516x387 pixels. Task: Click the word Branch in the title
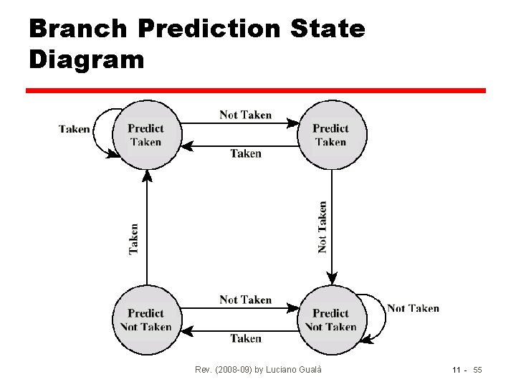[78, 29]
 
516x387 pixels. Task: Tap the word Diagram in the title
[87, 59]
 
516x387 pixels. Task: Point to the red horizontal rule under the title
[256, 91]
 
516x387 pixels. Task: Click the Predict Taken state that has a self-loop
[146, 135]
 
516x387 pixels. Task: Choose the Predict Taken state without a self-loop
[330, 135]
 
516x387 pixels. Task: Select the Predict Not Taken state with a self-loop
[330, 320]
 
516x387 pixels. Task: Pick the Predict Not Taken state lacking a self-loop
[146, 320]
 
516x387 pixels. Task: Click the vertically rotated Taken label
[134, 239]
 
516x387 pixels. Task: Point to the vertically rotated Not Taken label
[322, 226]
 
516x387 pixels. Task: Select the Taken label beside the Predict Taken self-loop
[75, 129]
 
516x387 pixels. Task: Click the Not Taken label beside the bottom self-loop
[413, 308]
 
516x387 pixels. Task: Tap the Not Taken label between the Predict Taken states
[245, 115]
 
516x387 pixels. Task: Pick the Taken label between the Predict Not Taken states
[245, 338]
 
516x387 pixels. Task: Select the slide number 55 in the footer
[478, 369]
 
